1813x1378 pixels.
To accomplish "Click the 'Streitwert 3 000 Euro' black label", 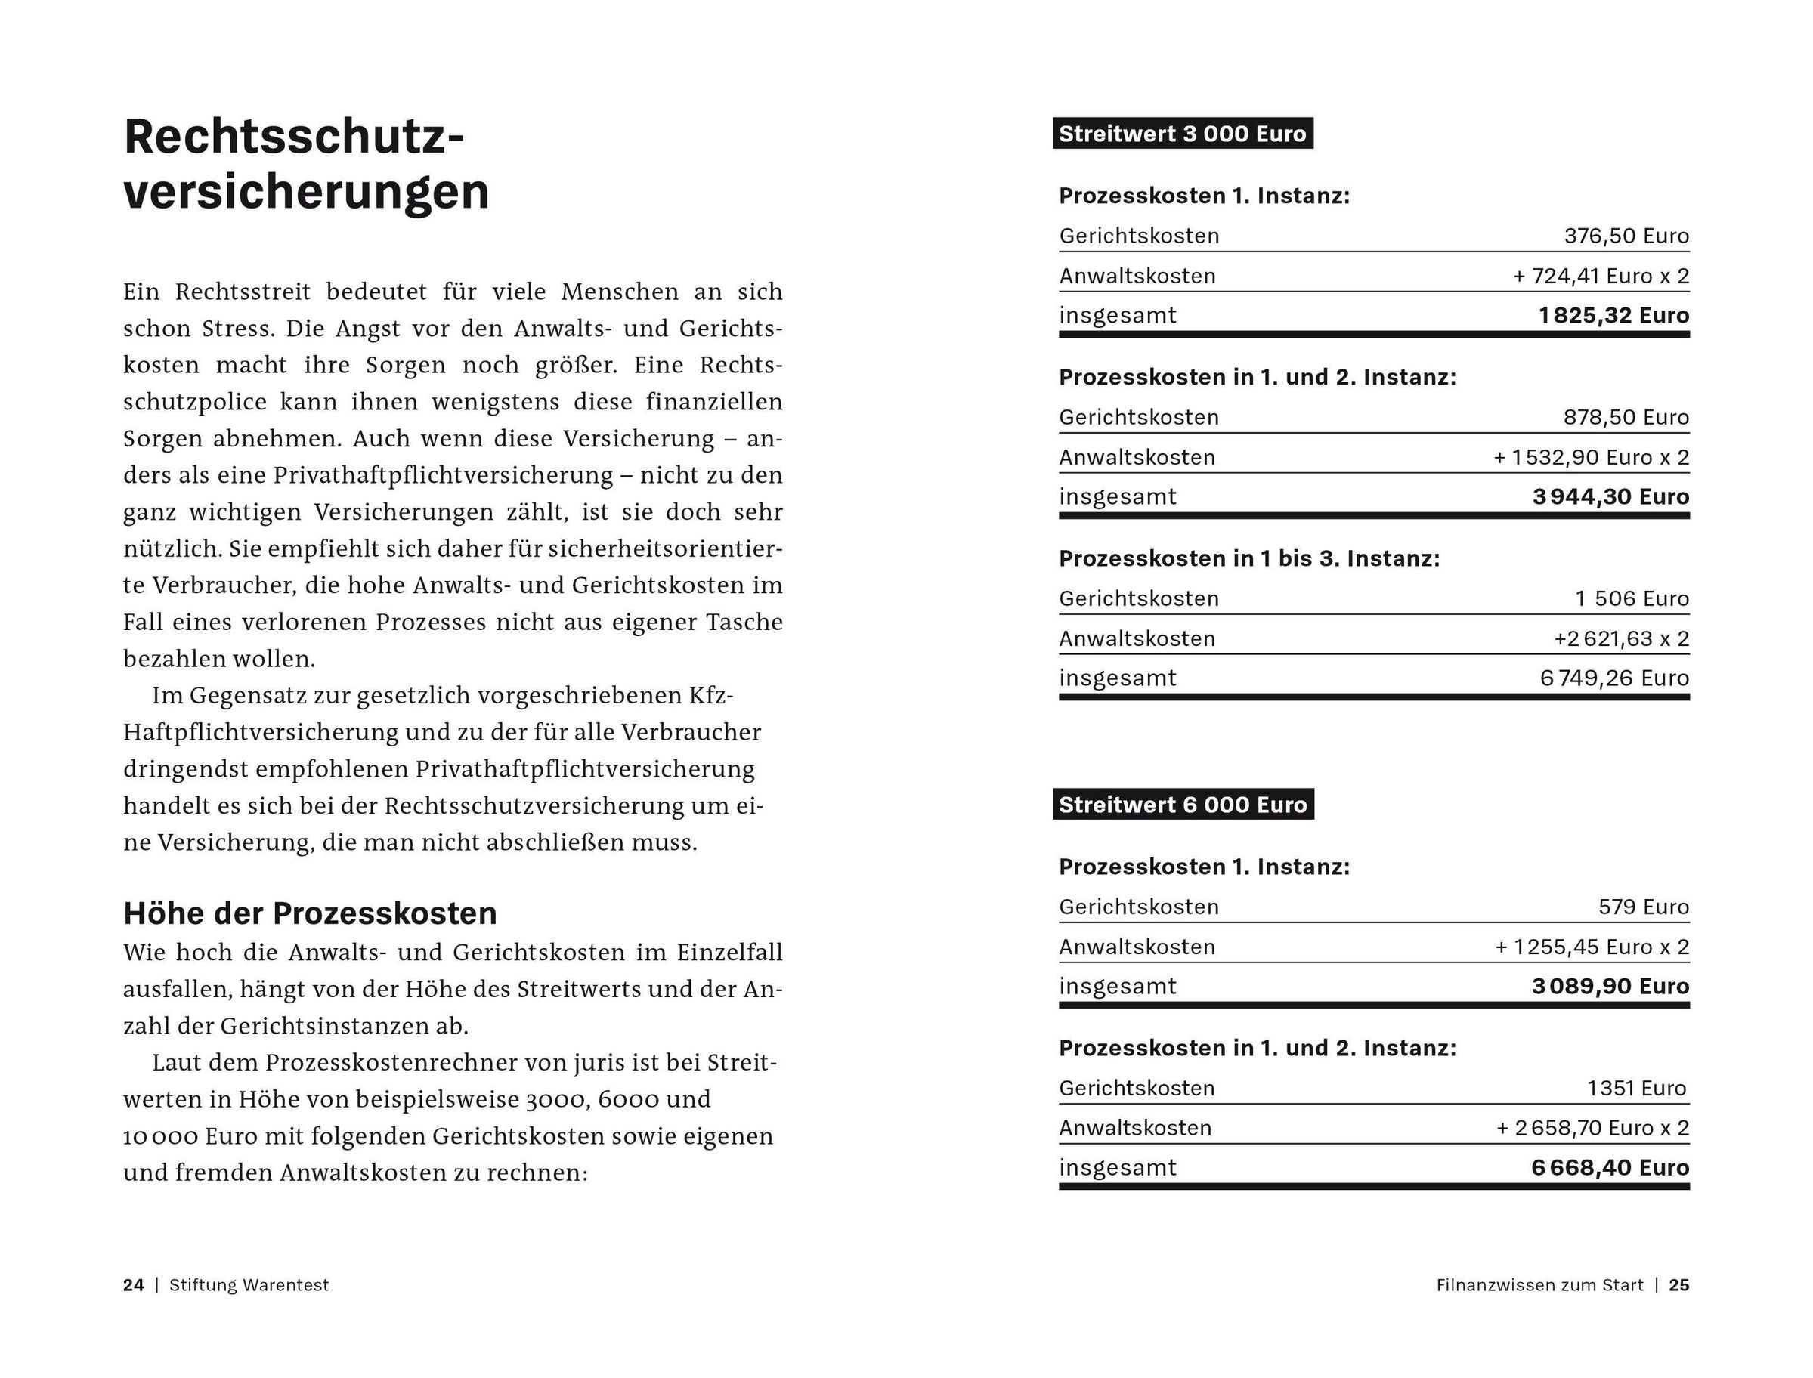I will [x=1182, y=134].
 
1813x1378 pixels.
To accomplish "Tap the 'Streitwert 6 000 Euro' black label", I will [x=1182, y=805].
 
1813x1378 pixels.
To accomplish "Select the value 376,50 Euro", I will [x=1626, y=236].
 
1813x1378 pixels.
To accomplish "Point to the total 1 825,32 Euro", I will [x=1613, y=316].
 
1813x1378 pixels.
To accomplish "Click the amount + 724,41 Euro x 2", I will [x=1601, y=277].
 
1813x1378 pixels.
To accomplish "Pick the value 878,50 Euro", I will [x=1626, y=418].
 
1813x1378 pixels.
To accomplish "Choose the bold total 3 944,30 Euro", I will [x=1610, y=497].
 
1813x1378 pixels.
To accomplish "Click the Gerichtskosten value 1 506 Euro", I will [x=1632, y=599].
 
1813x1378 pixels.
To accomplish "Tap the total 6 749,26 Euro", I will [x=1614, y=678].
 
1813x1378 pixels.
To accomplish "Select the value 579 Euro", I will [x=1643, y=907].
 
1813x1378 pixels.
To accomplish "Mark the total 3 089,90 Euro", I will [x=1610, y=987].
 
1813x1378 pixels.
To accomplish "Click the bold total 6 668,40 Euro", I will [x=1610, y=1168].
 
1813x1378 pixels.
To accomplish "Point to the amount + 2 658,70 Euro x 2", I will [x=1592, y=1129].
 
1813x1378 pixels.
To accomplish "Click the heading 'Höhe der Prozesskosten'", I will [x=310, y=913].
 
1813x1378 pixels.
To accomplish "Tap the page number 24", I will [x=134, y=1285].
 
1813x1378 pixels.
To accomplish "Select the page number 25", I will [x=1679, y=1285].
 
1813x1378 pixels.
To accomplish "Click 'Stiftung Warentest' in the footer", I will [x=249, y=1285].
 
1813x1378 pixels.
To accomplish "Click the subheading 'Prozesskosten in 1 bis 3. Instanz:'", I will [x=1248, y=558].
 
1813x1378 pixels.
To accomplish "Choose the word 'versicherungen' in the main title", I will [x=306, y=192].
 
